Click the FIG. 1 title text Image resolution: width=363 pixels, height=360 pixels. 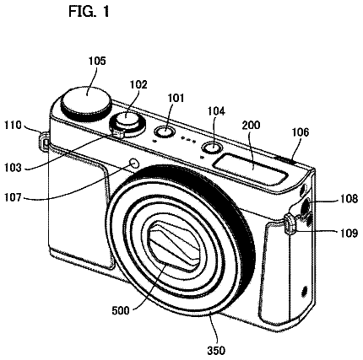coord(89,12)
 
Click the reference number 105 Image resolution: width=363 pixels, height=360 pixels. coord(97,61)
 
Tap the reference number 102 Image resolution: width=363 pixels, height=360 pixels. coord(138,84)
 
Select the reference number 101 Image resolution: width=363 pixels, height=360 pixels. coord(176,98)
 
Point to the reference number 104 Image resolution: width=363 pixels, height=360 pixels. coord(216,111)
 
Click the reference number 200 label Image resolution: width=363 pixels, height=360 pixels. coord(251,125)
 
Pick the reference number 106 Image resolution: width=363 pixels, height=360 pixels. coord(301,132)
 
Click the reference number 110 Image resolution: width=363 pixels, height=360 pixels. coord(13,125)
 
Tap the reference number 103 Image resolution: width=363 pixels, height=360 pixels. coord(13,168)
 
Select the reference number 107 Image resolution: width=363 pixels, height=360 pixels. coord(13,197)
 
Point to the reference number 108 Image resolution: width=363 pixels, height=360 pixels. coord(349,199)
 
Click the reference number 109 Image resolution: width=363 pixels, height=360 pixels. coord(349,233)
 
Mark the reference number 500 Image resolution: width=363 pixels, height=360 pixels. coord(121,310)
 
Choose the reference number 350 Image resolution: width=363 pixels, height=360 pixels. coord(216,351)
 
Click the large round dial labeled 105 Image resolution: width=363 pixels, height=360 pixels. coord(86,103)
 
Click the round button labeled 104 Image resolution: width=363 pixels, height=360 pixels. coord(212,148)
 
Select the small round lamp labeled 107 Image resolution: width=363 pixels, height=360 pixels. coord(134,163)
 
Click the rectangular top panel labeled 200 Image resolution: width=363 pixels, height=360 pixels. coord(252,169)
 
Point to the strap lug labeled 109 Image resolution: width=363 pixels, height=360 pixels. coord(290,223)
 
